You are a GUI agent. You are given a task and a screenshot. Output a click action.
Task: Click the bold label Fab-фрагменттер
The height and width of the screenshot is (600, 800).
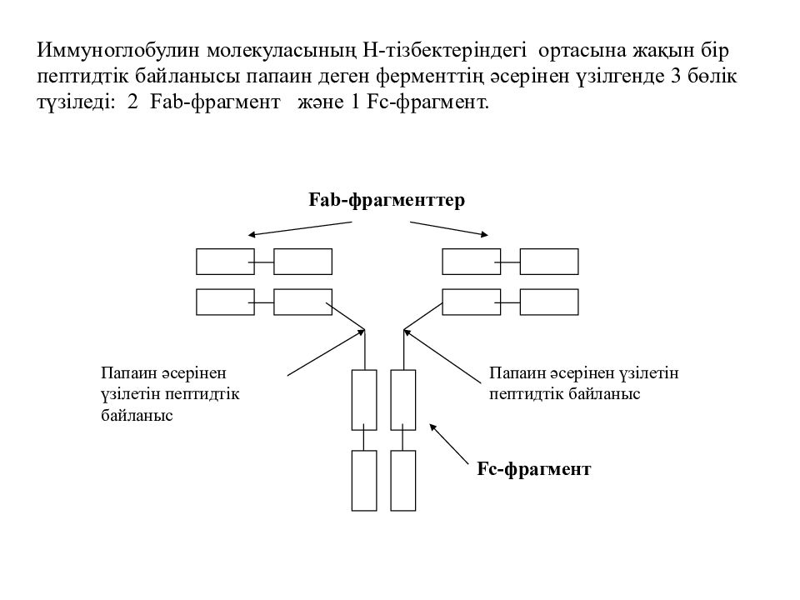[387, 200]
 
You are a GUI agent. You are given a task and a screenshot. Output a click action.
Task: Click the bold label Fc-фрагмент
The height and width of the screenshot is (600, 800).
[533, 469]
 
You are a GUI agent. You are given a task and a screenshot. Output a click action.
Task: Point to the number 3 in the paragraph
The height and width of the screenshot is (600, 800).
[673, 77]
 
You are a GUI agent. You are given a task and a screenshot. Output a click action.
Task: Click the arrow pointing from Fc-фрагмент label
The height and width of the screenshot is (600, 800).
[449, 444]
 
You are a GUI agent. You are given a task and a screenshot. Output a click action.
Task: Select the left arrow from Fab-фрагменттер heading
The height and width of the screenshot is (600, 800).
[300, 229]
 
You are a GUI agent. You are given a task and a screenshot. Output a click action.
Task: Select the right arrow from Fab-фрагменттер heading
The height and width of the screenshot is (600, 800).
[449, 229]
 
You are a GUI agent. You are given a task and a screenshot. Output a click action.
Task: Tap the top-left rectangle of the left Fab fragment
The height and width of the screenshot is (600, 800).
[226, 262]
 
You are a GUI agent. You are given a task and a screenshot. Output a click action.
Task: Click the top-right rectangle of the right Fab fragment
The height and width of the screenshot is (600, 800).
[549, 262]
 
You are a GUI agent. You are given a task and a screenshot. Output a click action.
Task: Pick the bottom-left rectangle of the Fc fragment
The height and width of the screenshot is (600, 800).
[364, 481]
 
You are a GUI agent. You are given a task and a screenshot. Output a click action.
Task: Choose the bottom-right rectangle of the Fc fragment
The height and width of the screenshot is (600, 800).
[403, 481]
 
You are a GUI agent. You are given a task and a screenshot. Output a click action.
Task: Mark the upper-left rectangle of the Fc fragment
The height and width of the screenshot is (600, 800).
[364, 400]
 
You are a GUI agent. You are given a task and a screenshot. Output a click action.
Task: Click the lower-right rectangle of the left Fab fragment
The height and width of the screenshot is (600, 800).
[303, 302]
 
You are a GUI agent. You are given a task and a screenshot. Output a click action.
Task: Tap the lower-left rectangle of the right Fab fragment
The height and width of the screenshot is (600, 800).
[472, 302]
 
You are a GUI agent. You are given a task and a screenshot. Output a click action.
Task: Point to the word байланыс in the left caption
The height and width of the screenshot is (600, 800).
[137, 415]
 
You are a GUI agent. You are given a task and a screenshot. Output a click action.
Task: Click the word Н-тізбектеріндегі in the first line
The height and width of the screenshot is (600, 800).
[444, 51]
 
